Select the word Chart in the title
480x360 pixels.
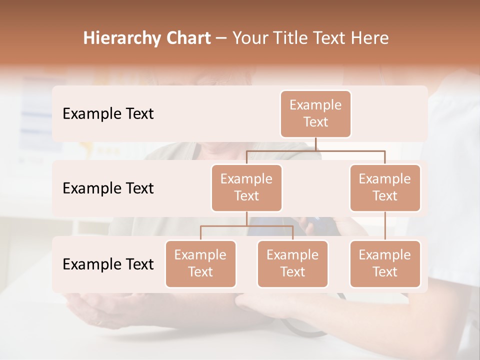(186, 38)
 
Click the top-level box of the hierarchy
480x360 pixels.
(315, 113)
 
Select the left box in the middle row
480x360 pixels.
(246, 187)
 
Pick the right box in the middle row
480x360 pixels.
(385, 187)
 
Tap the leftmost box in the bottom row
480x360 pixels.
(200, 263)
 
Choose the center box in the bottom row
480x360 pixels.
(292, 263)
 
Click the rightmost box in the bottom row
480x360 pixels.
(385, 263)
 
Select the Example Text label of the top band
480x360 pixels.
(108, 113)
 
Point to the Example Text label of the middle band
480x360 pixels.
(108, 188)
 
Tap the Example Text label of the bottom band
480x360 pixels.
(108, 264)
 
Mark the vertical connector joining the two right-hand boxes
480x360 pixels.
(385, 225)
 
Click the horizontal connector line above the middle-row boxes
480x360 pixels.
(315, 150)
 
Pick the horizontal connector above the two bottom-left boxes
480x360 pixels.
(246, 226)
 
